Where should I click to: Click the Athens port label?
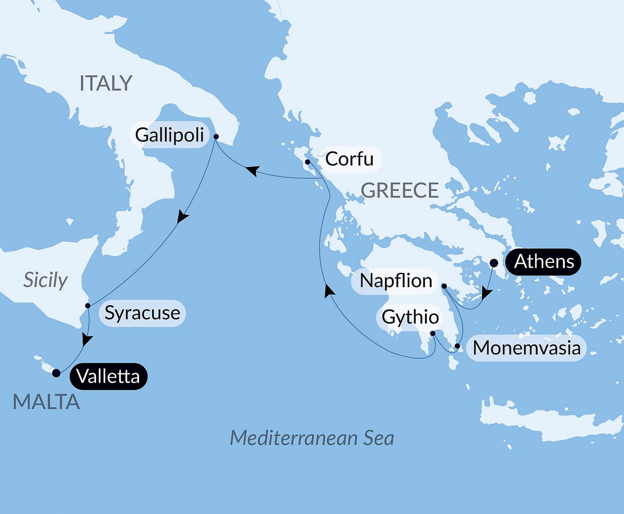(x=544, y=262)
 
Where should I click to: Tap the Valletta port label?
(x=108, y=376)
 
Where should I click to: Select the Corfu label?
(x=349, y=159)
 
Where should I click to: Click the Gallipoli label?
(x=170, y=135)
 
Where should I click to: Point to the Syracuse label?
(x=142, y=312)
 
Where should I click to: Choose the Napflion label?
(x=396, y=280)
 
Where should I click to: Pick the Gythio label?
(x=410, y=317)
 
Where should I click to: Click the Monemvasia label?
(x=526, y=348)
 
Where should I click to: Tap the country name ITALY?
(x=106, y=83)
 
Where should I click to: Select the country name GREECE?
(x=400, y=190)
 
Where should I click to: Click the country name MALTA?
(x=46, y=402)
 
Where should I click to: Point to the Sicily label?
(x=45, y=280)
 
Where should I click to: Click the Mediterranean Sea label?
(x=312, y=438)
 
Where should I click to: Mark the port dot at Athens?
(x=494, y=262)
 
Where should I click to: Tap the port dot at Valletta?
(x=56, y=373)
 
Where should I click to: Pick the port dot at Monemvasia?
(x=457, y=346)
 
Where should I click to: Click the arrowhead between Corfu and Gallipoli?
(x=252, y=171)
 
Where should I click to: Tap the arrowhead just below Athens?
(x=486, y=294)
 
